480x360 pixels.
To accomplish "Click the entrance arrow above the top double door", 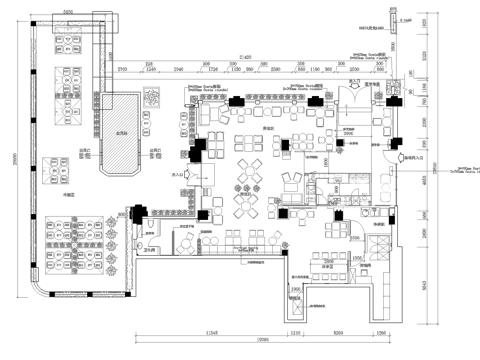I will (353, 79).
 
